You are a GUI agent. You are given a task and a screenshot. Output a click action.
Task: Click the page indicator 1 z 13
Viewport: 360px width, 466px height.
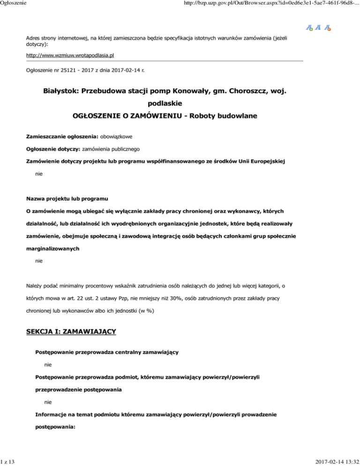(x=8, y=461)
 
